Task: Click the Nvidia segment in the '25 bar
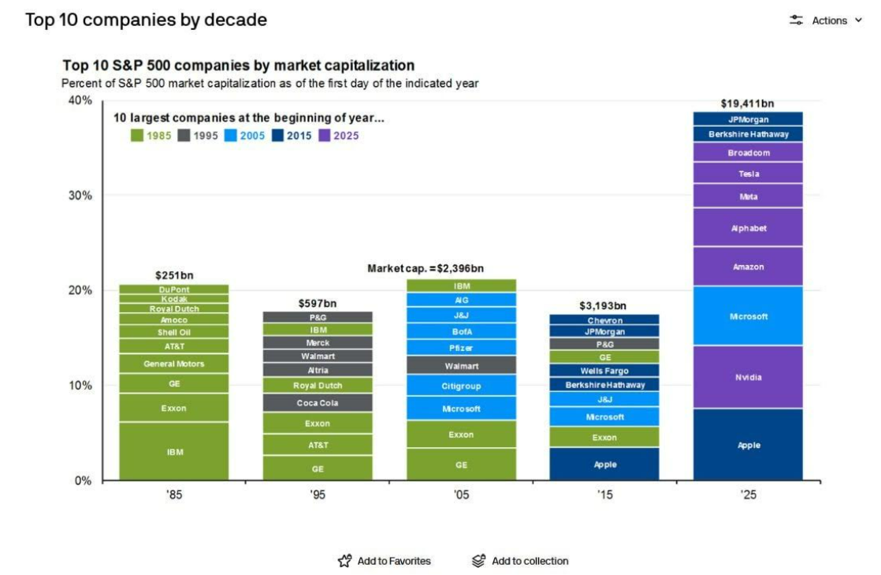[x=748, y=377]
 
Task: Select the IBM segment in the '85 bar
[x=173, y=451]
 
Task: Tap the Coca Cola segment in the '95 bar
[x=318, y=403]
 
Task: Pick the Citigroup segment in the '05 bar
[x=461, y=386]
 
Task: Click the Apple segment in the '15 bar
[x=604, y=464]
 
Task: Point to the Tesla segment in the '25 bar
[x=748, y=174]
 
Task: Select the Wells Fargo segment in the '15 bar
[x=604, y=371]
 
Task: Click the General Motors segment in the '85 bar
[x=173, y=364]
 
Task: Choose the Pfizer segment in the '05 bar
[x=461, y=348]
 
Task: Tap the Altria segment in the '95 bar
[x=318, y=370]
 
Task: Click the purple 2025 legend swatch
[x=324, y=136]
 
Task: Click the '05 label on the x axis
[x=461, y=496]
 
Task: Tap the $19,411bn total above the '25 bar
[x=748, y=103]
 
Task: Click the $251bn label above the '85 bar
[x=173, y=275]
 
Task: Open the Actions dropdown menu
[x=827, y=21]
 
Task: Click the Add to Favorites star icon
[x=344, y=561]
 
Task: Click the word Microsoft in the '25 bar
[x=748, y=316]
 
